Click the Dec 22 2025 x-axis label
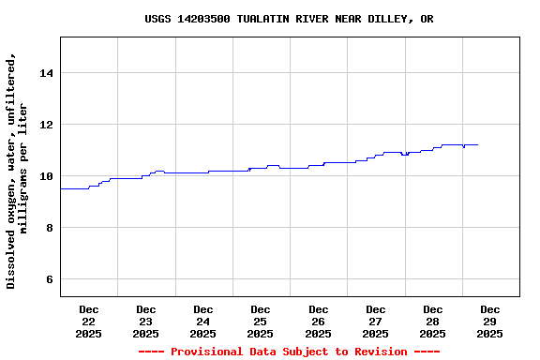pos(88,322)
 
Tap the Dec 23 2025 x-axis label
pos(145,322)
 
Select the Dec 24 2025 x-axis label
pos(202,322)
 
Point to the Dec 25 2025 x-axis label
pos(260,322)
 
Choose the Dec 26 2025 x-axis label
pos(318,322)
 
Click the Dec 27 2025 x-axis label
pos(375,322)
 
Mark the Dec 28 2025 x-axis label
pos(432,322)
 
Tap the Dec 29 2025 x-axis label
pos(489,322)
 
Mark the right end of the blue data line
pos(477,145)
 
